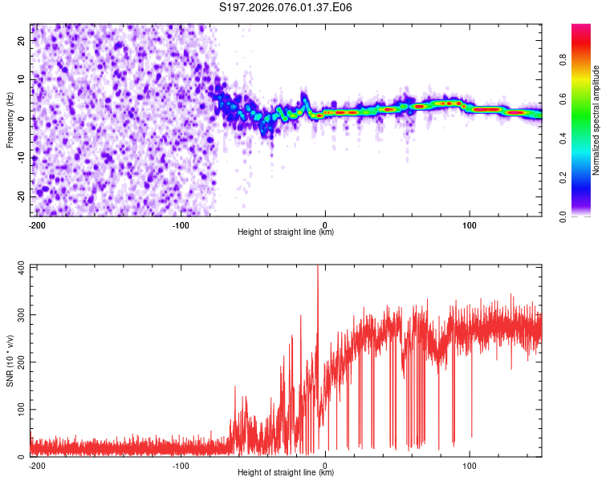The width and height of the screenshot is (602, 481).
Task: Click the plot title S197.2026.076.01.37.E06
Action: coord(287,8)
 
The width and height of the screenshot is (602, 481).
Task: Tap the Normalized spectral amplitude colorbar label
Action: coord(596,120)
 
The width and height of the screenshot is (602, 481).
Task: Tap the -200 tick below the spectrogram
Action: coord(36,224)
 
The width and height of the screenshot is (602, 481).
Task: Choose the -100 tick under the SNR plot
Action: coord(181,465)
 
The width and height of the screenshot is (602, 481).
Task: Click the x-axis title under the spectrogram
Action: coord(287,232)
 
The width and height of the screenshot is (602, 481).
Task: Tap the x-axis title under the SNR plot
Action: coord(287,473)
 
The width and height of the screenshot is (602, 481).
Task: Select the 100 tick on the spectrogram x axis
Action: coord(469,224)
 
